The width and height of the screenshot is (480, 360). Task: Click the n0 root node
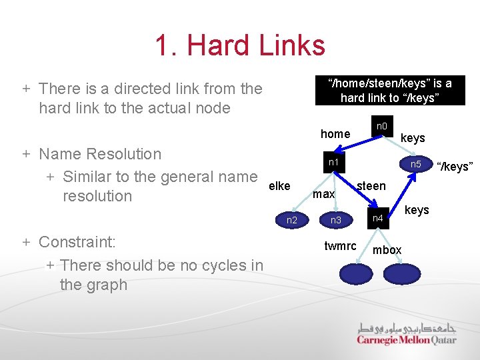(x=382, y=126)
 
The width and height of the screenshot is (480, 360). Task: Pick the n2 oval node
(x=292, y=219)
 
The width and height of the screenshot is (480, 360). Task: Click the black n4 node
(x=378, y=218)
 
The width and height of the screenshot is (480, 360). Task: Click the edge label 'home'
(x=335, y=134)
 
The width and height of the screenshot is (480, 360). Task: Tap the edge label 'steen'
(x=371, y=186)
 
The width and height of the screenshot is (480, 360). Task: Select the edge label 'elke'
(x=279, y=186)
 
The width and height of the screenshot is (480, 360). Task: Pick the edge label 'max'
(x=324, y=194)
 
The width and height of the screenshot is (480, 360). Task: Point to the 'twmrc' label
(x=340, y=246)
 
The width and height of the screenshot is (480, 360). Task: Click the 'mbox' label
(x=387, y=250)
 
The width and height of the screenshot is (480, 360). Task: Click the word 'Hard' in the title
(x=217, y=45)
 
